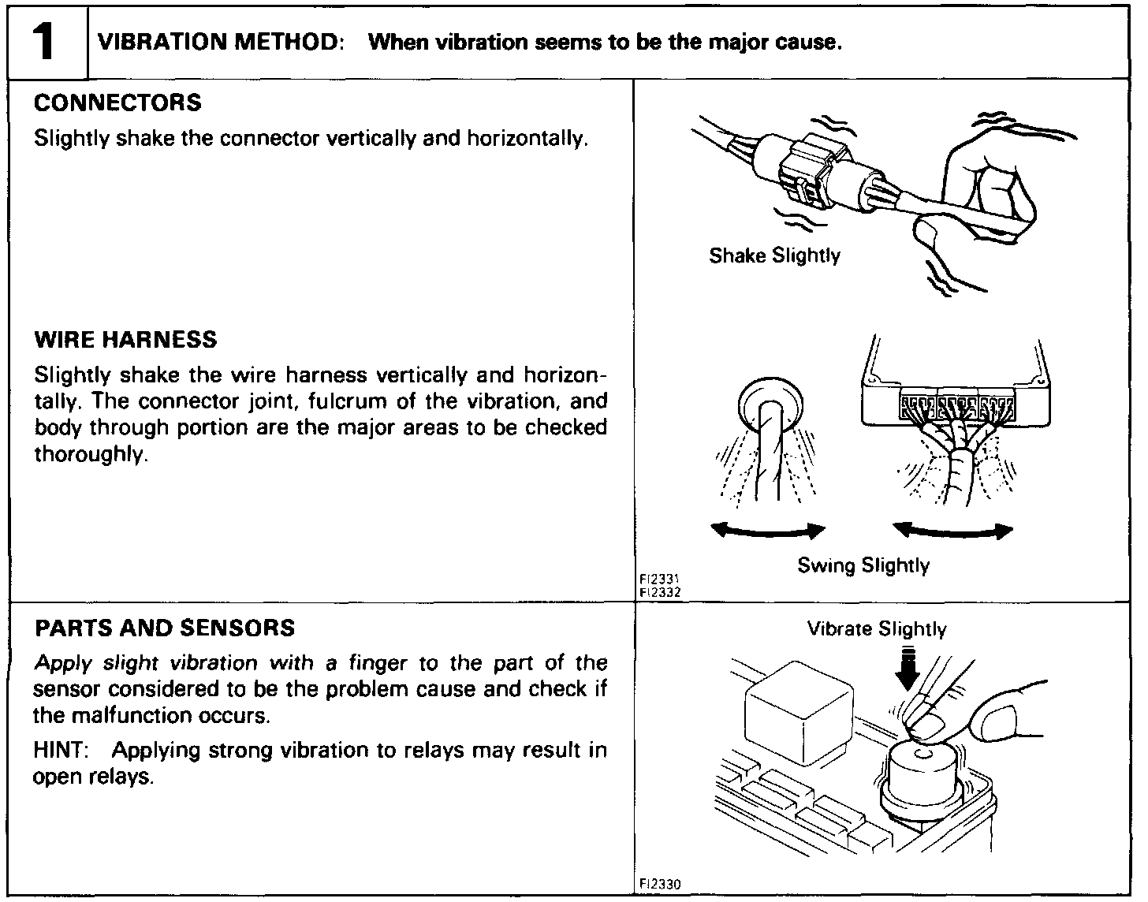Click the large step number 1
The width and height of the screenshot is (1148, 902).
point(46,42)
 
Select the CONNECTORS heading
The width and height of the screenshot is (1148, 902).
point(118,103)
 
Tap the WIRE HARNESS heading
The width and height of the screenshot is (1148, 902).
point(125,340)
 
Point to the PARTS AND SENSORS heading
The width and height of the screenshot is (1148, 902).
point(166,628)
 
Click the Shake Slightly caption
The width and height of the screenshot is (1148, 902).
point(774,255)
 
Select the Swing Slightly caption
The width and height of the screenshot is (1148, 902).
point(863,565)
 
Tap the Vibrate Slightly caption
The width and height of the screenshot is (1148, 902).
point(877,629)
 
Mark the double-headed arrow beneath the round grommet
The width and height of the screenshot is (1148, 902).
point(768,531)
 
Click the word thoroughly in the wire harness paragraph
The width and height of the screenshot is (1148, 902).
point(91,455)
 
